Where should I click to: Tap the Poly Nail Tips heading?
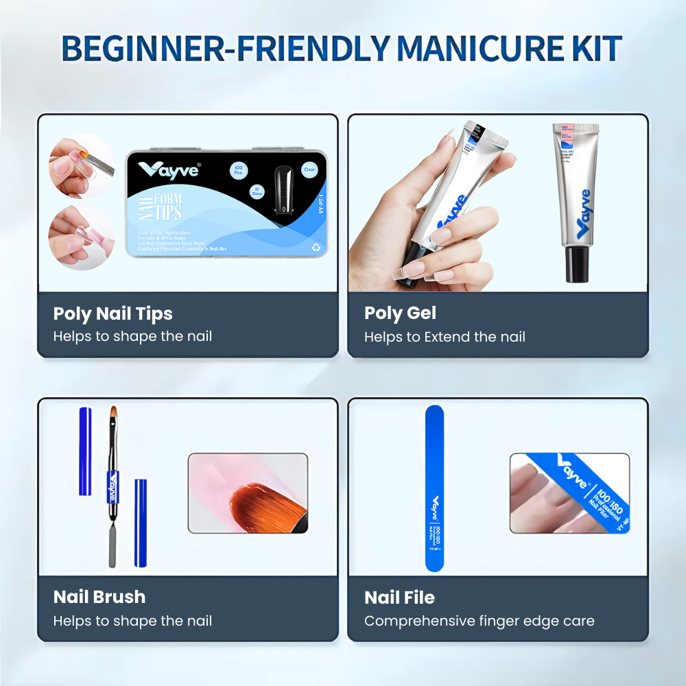pos(113,314)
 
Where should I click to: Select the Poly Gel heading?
pos(400,313)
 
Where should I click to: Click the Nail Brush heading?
pos(99,597)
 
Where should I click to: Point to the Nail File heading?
pos(399,598)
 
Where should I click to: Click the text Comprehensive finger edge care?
pos(479,621)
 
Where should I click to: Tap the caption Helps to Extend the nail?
pos(445,337)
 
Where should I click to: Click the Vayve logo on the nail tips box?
pos(169,169)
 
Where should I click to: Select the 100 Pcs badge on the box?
pos(239,171)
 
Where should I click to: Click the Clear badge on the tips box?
pos(309,169)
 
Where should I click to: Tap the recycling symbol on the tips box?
pos(315,247)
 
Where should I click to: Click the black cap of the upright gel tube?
pos(578,265)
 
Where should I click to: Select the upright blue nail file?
pos(434,488)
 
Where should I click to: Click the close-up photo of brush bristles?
pos(248,493)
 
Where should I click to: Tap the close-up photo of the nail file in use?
pos(569,493)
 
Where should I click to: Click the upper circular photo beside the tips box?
pos(80,166)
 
